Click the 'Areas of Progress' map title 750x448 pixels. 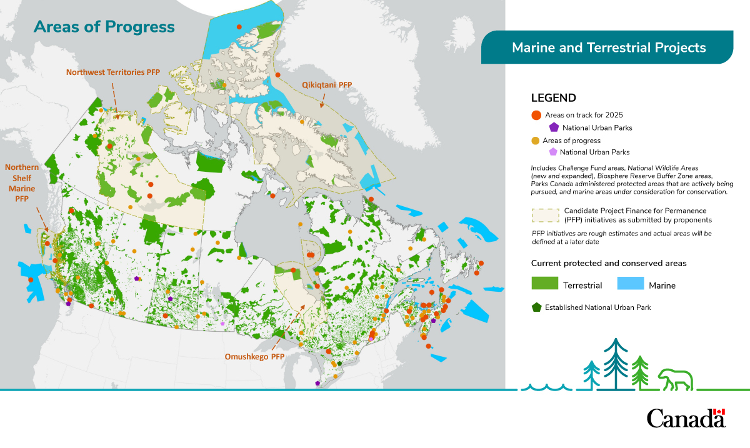pos(104,27)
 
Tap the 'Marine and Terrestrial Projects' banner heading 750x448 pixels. pos(608,48)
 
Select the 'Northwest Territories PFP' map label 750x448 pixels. pos(113,72)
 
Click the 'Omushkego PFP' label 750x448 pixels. pos(254,357)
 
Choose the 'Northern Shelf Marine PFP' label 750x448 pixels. pos(22,182)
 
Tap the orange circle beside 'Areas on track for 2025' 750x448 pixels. pos(536,116)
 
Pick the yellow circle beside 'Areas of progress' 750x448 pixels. pos(536,141)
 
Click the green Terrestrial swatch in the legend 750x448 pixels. pos(544,284)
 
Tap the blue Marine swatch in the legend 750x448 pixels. pos(630,284)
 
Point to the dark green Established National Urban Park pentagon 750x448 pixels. pos(536,307)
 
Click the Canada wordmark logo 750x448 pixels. pos(686,418)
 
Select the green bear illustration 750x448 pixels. pos(675,379)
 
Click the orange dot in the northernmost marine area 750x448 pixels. pos(239,27)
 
